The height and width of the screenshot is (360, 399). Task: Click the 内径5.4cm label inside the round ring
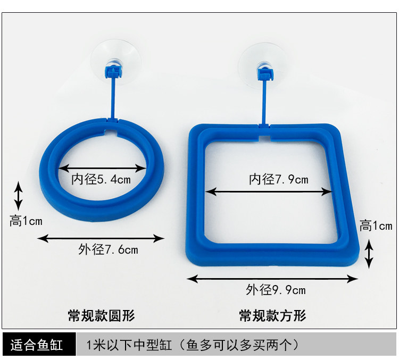[x=101, y=179]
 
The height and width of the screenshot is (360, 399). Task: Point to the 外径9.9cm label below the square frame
[x=276, y=290]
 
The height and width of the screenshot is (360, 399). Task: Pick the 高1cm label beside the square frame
[x=376, y=225]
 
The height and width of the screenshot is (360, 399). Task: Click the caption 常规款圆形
[x=102, y=316]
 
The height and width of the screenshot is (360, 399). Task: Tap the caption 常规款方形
[x=272, y=316]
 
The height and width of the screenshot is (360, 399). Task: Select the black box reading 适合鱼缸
[x=37, y=345]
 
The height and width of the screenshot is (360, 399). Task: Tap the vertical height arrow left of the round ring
[x=19, y=196]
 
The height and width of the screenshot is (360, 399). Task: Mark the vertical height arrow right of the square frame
[x=369, y=254]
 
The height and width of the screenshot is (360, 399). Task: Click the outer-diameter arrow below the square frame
[x=272, y=278]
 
